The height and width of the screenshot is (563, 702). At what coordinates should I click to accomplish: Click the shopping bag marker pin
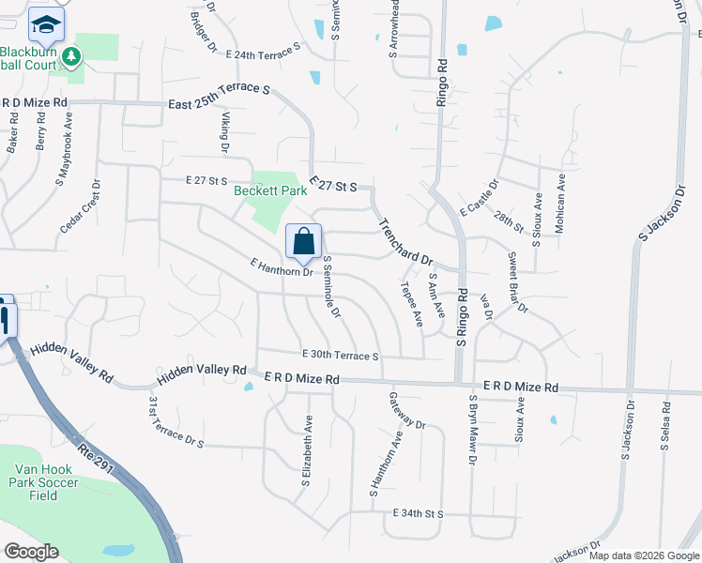point(304,242)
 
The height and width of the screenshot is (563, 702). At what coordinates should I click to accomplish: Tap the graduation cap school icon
point(45,23)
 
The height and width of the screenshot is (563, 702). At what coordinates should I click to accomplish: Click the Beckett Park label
point(270,190)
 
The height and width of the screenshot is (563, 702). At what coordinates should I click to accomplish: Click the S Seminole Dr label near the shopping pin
point(330,286)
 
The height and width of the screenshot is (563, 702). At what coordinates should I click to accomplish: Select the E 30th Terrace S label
point(340,356)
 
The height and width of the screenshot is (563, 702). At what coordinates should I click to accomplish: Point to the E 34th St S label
point(405,514)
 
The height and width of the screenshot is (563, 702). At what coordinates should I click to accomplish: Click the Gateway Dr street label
point(407,410)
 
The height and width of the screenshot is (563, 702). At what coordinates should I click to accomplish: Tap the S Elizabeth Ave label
point(307,451)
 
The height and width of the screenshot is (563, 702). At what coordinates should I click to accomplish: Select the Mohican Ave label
point(561,202)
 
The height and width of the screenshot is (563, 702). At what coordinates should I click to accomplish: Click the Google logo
point(31,551)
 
